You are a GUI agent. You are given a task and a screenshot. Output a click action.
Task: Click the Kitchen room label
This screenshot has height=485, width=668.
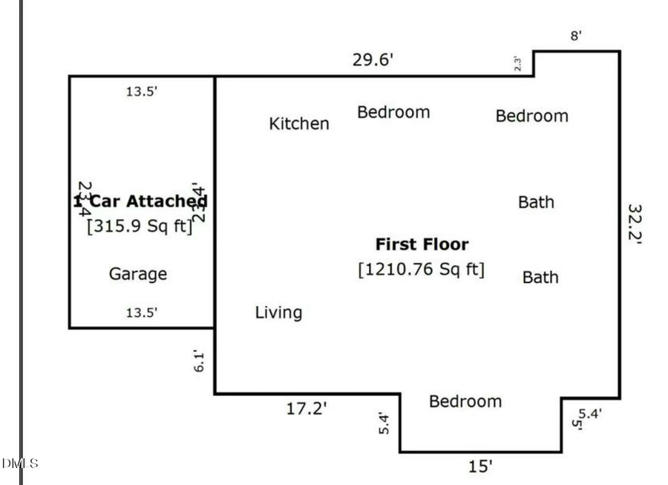click(x=298, y=123)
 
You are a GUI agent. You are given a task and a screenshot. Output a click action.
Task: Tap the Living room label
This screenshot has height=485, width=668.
click(x=278, y=313)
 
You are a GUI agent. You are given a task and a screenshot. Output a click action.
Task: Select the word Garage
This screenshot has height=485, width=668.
click(x=138, y=274)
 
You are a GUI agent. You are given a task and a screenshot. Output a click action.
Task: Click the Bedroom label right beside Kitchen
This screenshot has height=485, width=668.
click(x=393, y=112)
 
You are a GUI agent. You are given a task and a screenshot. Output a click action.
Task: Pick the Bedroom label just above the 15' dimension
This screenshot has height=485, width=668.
click(x=465, y=401)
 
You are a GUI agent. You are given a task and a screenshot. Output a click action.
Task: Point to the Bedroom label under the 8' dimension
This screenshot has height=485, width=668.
click(x=531, y=116)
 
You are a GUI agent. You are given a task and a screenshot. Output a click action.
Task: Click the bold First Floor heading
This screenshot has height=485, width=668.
click(x=422, y=244)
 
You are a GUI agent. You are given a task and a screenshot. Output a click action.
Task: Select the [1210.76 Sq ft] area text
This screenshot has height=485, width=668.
click(x=422, y=268)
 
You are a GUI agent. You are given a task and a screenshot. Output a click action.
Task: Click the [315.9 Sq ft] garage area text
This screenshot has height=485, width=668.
click(x=140, y=226)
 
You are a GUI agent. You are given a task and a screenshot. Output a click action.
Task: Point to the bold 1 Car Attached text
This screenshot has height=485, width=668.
click(x=140, y=201)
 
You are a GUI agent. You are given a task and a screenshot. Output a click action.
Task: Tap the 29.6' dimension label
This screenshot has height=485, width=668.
click(x=372, y=60)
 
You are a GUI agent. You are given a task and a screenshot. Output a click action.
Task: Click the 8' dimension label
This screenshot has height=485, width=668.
click(x=575, y=36)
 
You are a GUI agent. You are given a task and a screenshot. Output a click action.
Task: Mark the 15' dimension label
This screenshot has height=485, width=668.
click(x=479, y=466)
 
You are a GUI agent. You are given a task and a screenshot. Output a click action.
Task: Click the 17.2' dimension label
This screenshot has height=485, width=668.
click(x=307, y=408)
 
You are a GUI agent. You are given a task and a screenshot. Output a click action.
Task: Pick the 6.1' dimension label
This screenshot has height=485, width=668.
click(x=197, y=362)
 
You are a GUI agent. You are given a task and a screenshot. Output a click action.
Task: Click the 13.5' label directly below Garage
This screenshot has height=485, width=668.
click(x=141, y=313)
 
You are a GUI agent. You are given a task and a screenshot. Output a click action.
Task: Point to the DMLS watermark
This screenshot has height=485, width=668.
click(x=19, y=463)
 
